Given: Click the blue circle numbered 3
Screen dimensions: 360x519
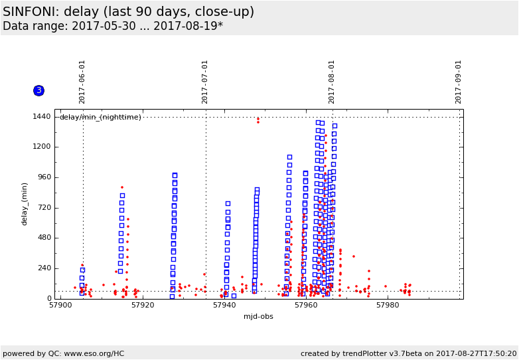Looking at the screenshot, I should (x=38, y=90).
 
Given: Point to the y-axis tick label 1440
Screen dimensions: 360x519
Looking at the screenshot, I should (x=42, y=117).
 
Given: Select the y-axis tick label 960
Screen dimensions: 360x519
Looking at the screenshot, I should (x=44, y=177).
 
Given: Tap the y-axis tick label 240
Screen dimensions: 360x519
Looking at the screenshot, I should (x=44, y=268).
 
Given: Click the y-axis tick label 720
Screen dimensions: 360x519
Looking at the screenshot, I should (x=44, y=208).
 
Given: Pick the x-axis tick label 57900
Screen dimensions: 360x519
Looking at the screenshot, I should (x=60, y=306).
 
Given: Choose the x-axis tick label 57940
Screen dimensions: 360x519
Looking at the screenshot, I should (x=224, y=306).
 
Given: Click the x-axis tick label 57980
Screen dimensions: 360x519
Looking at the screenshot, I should (x=388, y=306).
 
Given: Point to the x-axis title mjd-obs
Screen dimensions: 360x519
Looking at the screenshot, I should (x=258, y=317).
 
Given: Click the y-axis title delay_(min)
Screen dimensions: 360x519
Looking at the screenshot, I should (x=25, y=204).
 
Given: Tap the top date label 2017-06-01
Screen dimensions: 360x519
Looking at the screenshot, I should (x=82, y=82).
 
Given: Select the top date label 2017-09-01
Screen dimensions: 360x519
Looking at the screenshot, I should (x=459, y=82).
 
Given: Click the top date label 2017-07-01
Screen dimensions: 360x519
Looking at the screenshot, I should (x=205, y=82).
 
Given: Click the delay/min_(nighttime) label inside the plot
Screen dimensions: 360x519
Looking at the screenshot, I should (x=100, y=118).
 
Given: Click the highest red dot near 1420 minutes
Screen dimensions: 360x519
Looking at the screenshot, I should (x=258, y=119).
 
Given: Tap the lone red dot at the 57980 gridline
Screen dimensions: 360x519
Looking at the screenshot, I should (x=385, y=286).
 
